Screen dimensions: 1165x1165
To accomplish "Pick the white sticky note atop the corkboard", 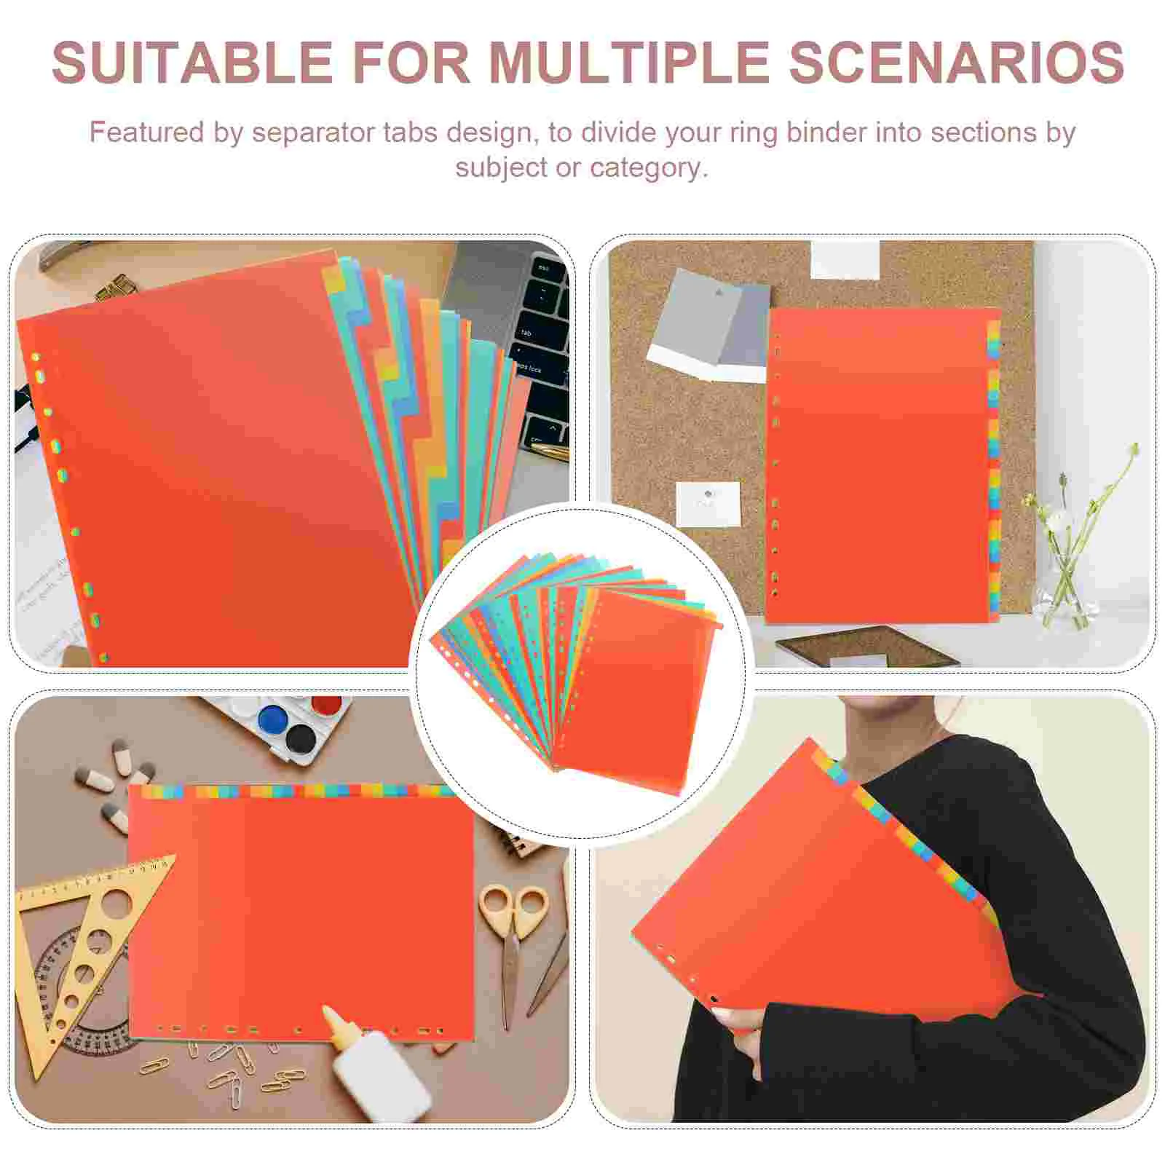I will point(845,259).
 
